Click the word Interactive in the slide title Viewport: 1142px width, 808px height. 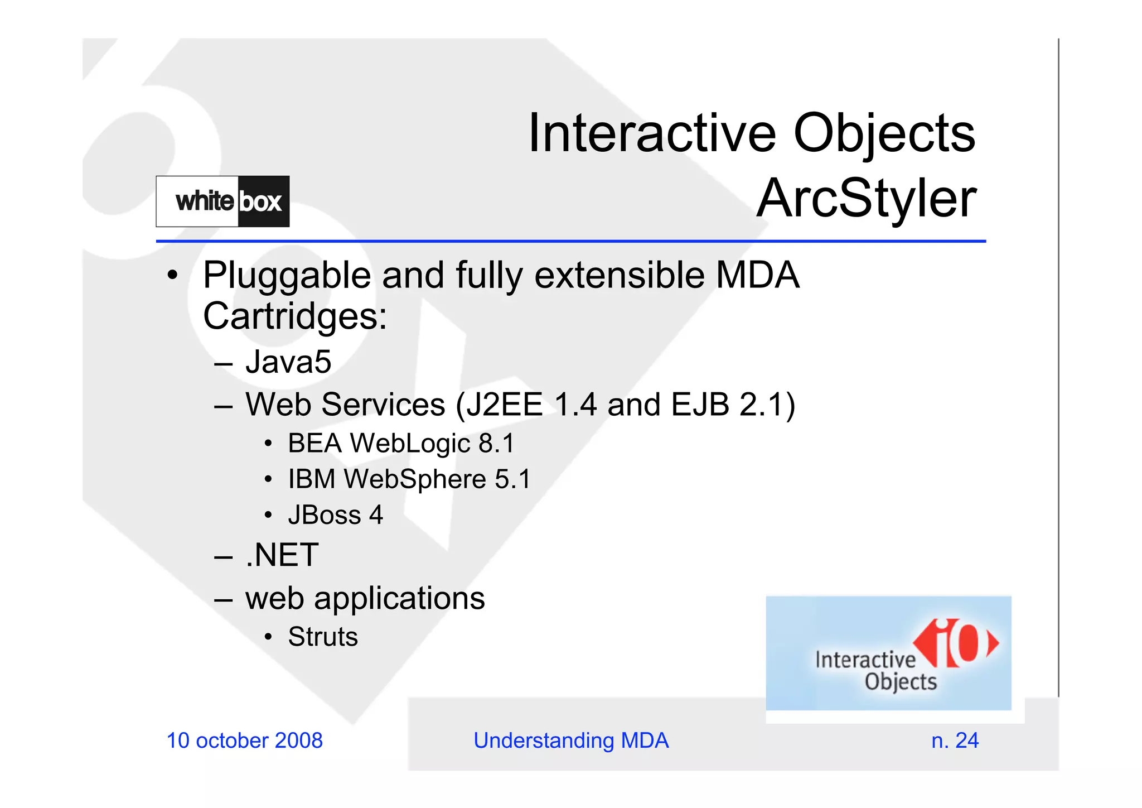click(x=651, y=133)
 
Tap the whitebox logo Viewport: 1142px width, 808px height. click(x=222, y=201)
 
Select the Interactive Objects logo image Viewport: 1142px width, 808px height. click(x=888, y=653)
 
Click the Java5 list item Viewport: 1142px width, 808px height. click(x=288, y=362)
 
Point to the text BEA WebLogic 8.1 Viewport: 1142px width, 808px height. click(x=401, y=444)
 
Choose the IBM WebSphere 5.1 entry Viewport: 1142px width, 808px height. click(x=409, y=479)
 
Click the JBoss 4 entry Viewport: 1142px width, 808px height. click(x=335, y=515)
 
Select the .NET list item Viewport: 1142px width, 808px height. click(x=282, y=555)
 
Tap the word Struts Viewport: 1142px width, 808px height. click(x=323, y=637)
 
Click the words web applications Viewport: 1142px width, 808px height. click(x=365, y=599)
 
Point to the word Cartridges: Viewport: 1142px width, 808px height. click(x=294, y=316)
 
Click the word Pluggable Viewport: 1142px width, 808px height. click(x=287, y=276)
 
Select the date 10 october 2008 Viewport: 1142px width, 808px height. click(x=244, y=740)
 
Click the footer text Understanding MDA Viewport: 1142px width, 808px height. click(x=570, y=740)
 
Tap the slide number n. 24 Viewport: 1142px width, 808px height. click(x=955, y=740)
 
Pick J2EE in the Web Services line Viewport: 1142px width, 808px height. click(x=504, y=405)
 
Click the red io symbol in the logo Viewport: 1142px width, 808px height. click(x=956, y=643)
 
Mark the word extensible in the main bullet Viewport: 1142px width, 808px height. click(x=619, y=276)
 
